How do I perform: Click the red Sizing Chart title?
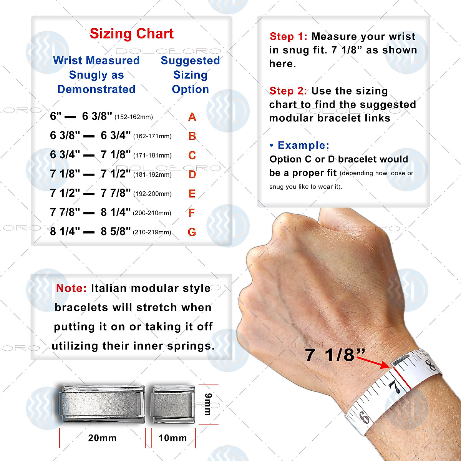131,34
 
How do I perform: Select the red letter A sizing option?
192,117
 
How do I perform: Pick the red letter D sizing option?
192,175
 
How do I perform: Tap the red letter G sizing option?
192,232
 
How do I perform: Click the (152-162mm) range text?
134,117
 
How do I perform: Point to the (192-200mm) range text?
152,194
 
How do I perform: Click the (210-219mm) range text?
152,232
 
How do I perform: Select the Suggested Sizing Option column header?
190,75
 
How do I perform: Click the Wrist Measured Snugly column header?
96,75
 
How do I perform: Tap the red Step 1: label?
288,36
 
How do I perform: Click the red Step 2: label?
288,91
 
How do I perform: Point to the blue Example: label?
300,146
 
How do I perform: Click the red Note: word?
71,289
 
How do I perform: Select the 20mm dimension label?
102,438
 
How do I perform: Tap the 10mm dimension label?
172,438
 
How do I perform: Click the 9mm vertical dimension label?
208,405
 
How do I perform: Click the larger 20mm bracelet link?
101,405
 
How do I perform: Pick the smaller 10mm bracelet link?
172,405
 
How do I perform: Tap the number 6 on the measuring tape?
364,417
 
